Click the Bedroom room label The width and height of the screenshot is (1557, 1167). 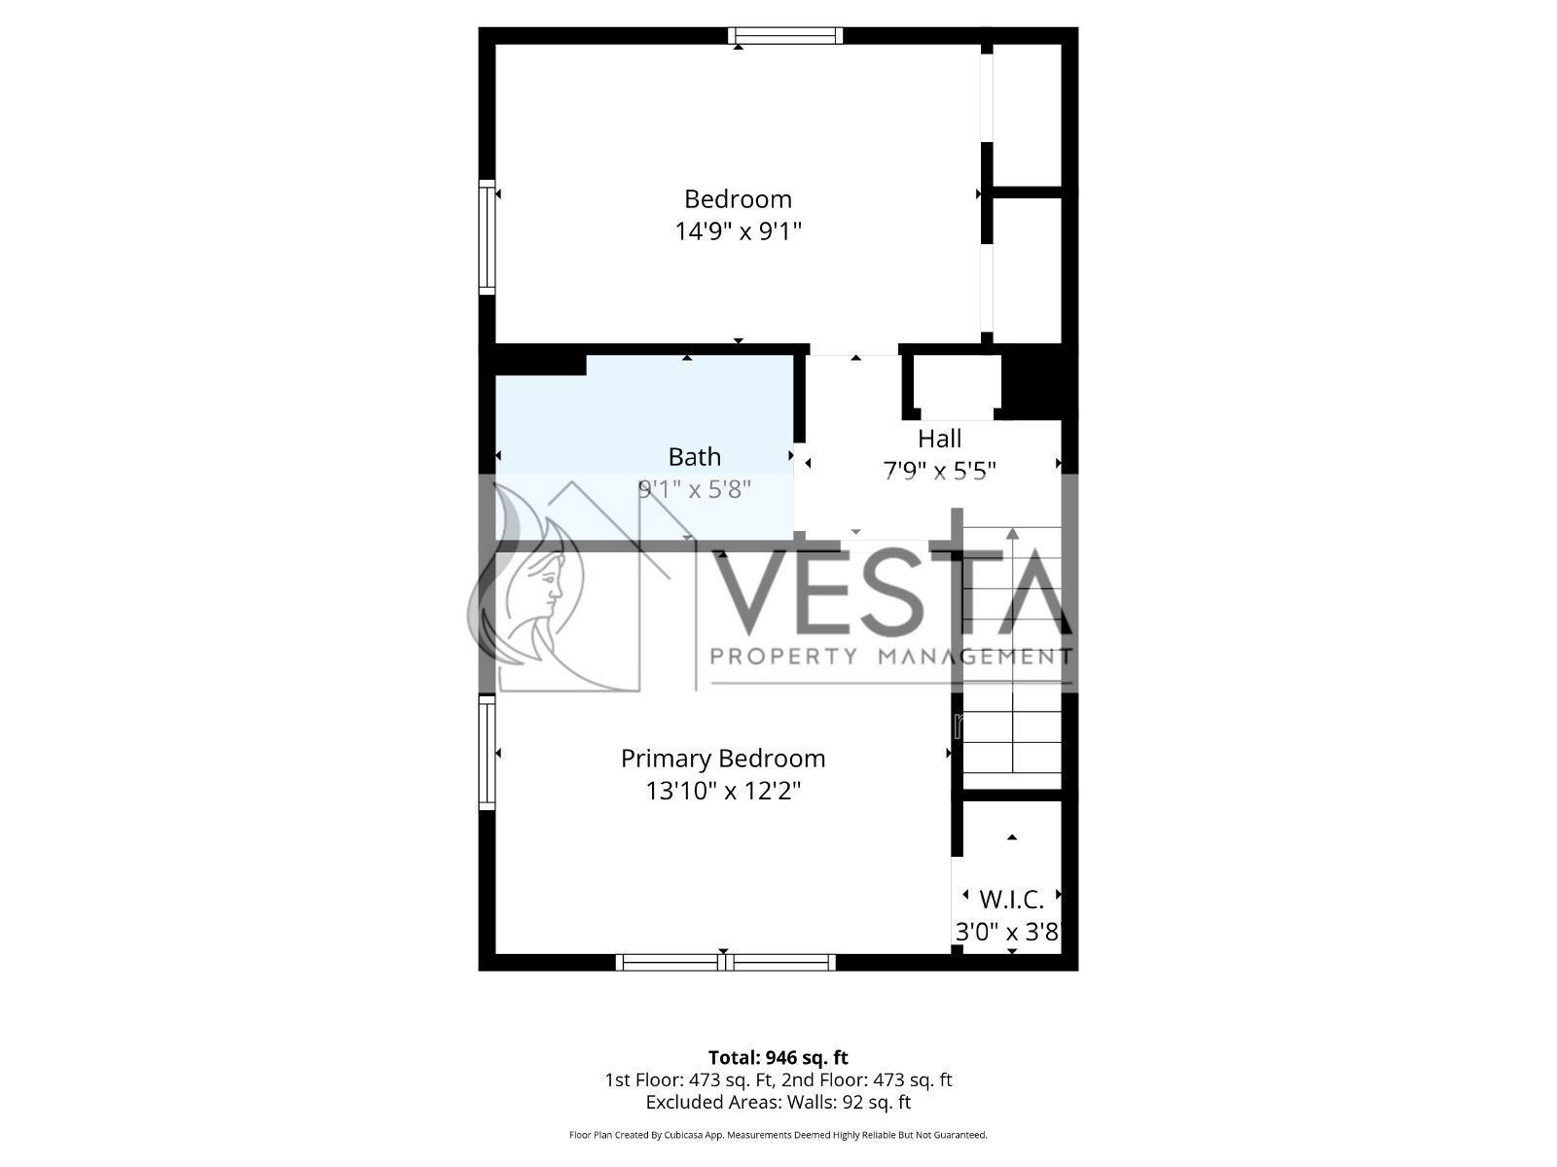pos(738,199)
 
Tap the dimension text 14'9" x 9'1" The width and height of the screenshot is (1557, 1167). pos(738,231)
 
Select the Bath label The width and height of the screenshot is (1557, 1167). pos(695,457)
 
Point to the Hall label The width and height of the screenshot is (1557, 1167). pos(939,439)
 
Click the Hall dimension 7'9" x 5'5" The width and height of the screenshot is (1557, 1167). pos(939,471)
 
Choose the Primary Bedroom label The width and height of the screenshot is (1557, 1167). pos(723,759)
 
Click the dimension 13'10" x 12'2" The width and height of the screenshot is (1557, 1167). pos(723,791)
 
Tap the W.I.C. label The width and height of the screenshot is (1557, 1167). pos(1011,900)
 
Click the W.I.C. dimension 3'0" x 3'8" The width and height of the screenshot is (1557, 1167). pos(1007,932)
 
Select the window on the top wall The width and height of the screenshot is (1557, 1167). pos(785,35)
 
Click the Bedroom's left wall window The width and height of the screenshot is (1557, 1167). pos(487,236)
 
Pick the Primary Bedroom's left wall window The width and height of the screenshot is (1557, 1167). pos(487,753)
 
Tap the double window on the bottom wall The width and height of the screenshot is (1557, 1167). pos(726,962)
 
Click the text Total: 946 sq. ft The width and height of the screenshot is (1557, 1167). pos(778,1058)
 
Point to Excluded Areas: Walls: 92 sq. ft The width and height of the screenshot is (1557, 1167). pos(778,1103)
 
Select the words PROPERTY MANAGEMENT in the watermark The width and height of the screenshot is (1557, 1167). pos(891,656)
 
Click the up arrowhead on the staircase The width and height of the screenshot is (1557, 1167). pos(1012,534)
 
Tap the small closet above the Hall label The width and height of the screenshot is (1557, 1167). pos(957,385)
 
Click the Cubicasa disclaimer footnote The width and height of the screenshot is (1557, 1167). pos(778,1135)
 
